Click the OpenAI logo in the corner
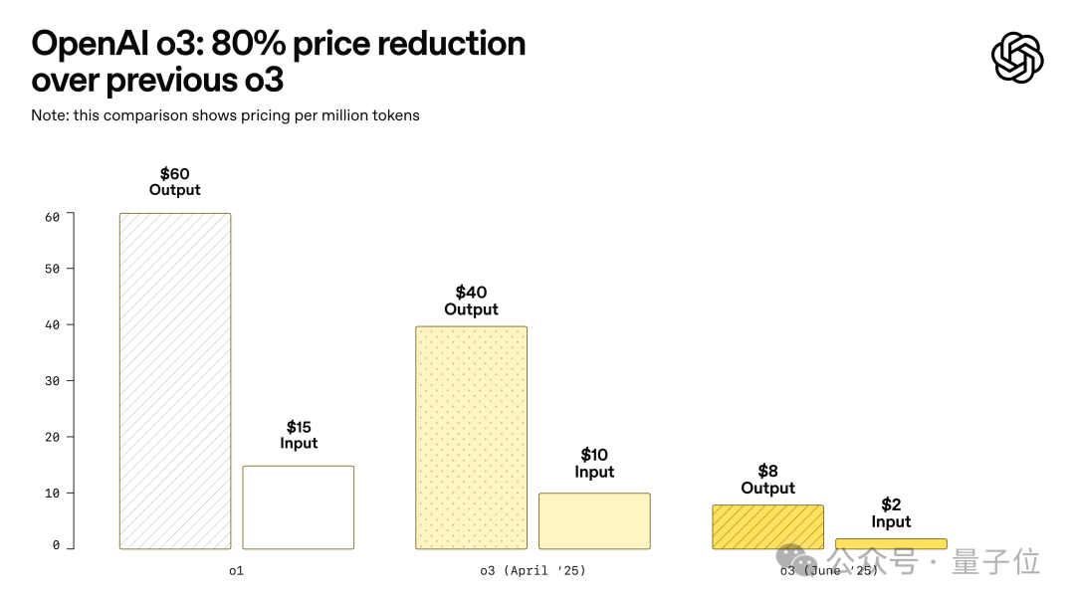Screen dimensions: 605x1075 click(x=1017, y=58)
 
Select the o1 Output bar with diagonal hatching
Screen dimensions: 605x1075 click(x=175, y=381)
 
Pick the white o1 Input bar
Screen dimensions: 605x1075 click(x=299, y=507)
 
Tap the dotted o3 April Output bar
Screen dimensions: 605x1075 click(x=471, y=438)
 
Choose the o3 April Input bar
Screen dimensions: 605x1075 click(x=594, y=521)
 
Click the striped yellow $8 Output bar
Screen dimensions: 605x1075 click(x=767, y=527)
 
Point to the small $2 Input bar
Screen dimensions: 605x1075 click(x=891, y=544)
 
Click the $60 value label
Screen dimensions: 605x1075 click(x=175, y=174)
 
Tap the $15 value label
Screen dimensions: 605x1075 click(x=299, y=428)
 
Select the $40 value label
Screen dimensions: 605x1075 click(x=471, y=293)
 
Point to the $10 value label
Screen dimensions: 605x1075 click(x=594, y=456)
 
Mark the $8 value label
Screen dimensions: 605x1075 click(x=767, y=472)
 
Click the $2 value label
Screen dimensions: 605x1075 click(x=891, y=505)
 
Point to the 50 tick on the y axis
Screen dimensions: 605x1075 click(x=53, y=269)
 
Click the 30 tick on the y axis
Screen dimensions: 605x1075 click(x=53, y=381)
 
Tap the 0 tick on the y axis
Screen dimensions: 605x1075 click(x=56, y=546)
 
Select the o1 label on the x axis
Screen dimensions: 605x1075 click(x=236, y=571)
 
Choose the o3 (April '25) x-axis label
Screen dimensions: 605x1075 click(x=533, y=571)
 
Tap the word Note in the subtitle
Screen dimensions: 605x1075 click(x=50, y=115)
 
